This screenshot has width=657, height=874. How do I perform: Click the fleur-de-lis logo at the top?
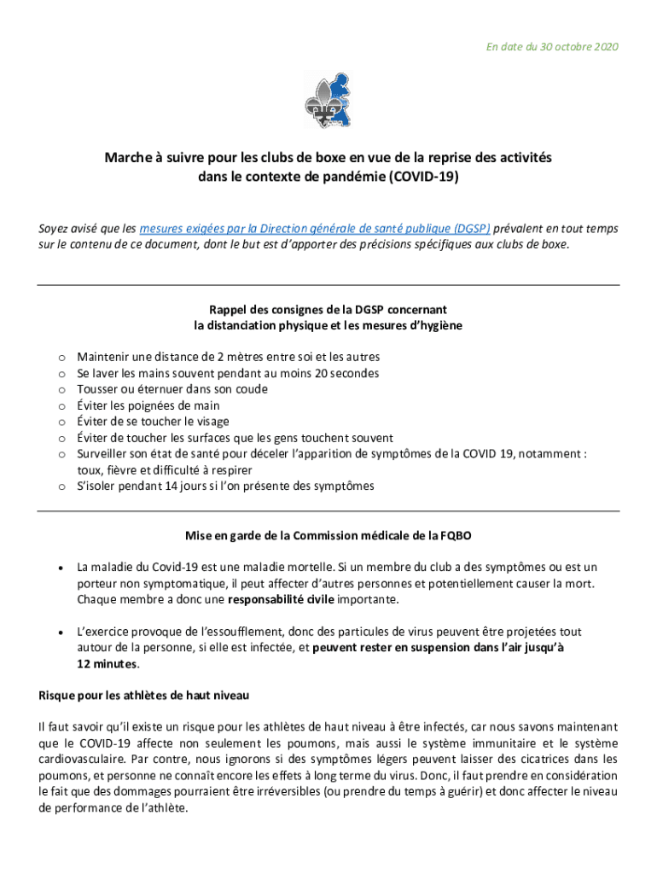click(x=328, y=100)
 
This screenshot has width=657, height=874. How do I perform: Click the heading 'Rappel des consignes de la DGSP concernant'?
click(x=328, y=309)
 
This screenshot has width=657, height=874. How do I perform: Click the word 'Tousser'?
click(x=97, y=389)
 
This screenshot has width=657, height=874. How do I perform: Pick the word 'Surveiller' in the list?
click(x=103, y=454)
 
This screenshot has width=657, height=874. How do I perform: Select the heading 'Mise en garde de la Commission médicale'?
click(x=328, y=536)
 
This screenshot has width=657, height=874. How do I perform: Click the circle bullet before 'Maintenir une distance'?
click(x=61, y=358)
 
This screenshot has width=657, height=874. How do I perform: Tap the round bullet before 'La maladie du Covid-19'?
click(x=61, y=567)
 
